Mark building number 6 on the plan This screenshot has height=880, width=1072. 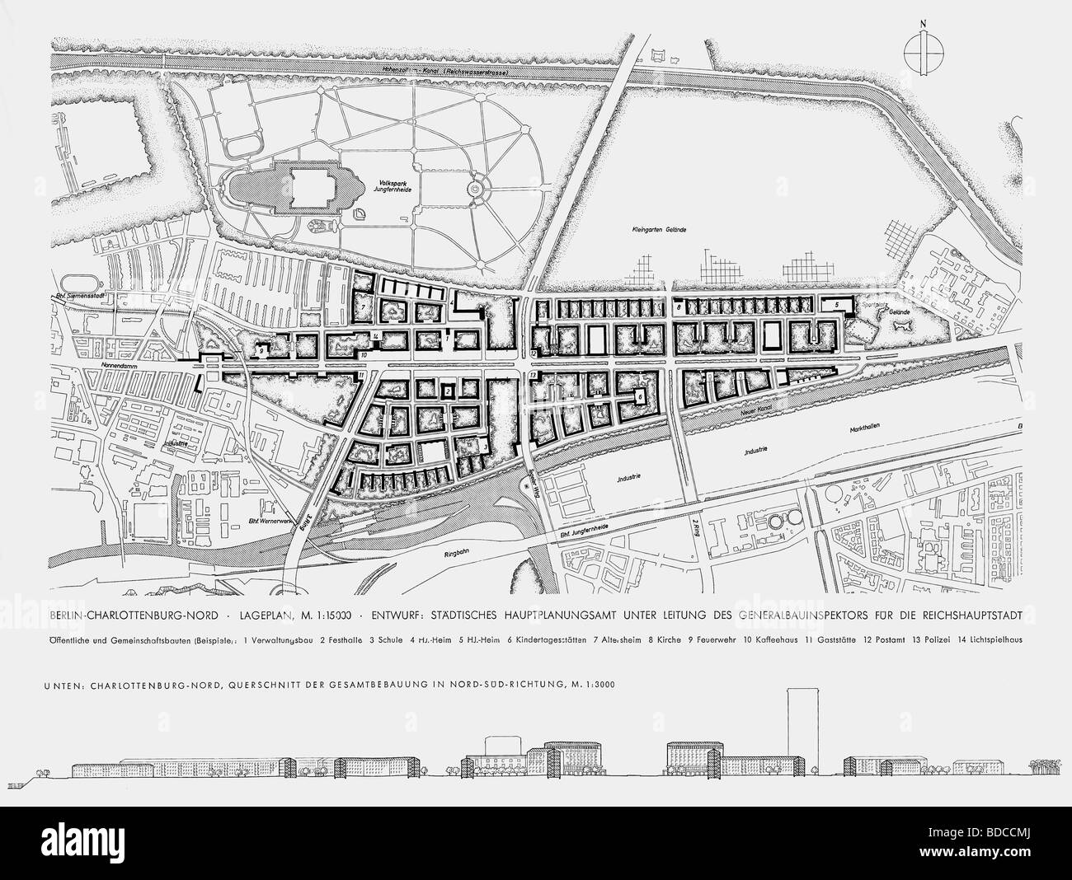[x=639, y=396]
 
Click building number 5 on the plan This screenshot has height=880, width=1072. [x=836, y=305]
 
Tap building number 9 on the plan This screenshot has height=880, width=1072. [x=261, y=349]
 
